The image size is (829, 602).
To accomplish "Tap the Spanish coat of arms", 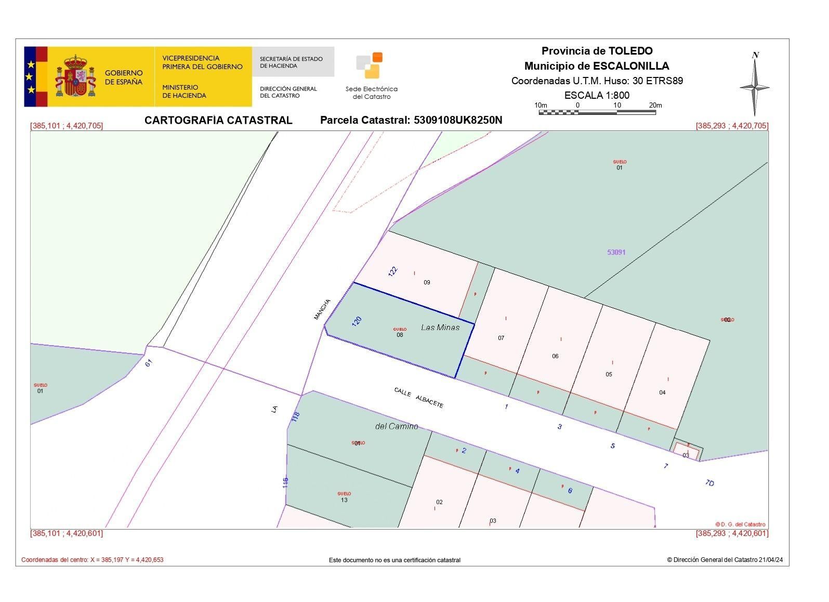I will click(x=76, y=77).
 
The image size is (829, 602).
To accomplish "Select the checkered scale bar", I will click(x=597, y=112).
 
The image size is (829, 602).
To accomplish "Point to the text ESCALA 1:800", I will click(x=597, y=95).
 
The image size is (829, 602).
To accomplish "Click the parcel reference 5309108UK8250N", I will click(x=458, y=120).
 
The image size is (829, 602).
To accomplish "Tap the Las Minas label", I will click(x=440, y=327).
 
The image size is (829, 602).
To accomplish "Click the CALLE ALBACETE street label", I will click(x=419, y=398).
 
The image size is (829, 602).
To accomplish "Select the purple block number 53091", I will click(x=616, y=252).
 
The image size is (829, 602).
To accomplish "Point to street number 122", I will click(x=393, y=271).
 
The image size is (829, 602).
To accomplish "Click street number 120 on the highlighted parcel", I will click(x=357, y=321).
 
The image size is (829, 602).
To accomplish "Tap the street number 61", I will click(x=149, y=363).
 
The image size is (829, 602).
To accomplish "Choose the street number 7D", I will click(x=709, y=483).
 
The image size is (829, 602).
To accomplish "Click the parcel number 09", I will click(x=427, y=282).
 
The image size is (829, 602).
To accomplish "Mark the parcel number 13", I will click(x=344, y=500).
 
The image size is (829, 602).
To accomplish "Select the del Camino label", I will click(x=397, y=426).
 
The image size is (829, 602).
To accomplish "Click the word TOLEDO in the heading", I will click(x=630, y=51).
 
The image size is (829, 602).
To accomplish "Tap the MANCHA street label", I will click(x=322, y=309).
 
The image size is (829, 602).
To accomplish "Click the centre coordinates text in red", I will click(x=93, y=560).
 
